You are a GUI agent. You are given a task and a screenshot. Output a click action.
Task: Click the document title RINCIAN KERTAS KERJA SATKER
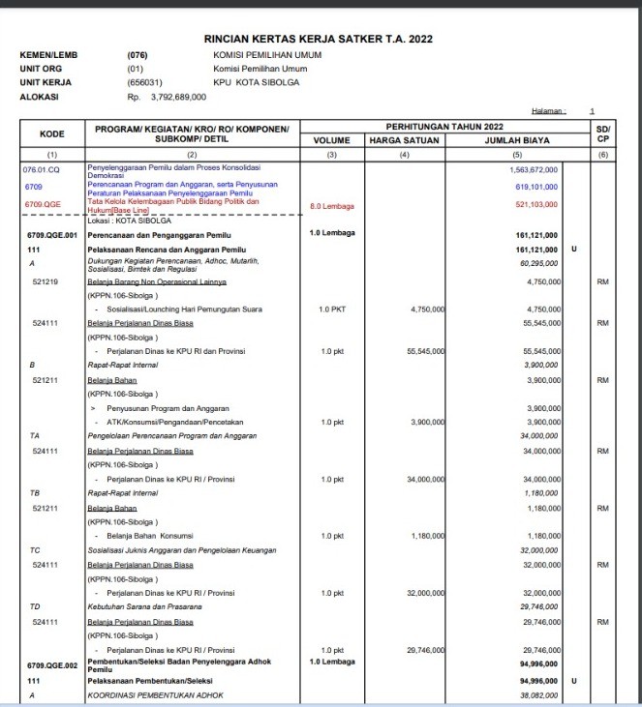point(318,39)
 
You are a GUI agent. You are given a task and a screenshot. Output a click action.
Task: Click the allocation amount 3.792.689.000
point(173,97)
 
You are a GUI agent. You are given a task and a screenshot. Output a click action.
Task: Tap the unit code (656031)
point(145,83)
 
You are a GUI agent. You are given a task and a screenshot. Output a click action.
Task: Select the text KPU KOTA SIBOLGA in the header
point(258,83)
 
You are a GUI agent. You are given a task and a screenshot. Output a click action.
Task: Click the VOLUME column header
point(331,141)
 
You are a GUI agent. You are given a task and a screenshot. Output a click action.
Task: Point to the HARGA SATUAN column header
point(405,141)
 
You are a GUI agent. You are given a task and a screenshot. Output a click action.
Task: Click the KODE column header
point(51,134)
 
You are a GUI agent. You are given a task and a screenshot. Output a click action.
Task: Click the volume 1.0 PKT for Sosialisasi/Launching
point(332,309)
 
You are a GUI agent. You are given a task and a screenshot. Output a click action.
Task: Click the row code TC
point(35,549)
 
